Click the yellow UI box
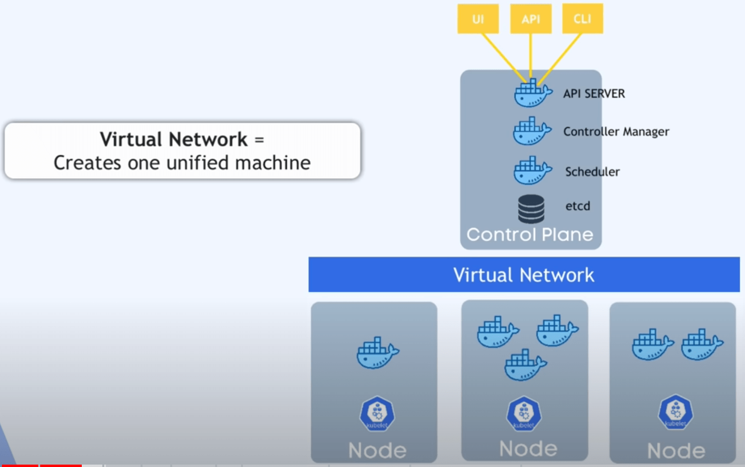(478, 19)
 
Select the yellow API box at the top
(531, 19)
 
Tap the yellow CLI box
(582, 19)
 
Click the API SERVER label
(594, 94)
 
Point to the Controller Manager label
(616, 132)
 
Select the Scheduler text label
(592, 172)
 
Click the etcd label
(578, 206)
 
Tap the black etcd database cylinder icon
(531, 209)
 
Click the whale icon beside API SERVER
(532, 93)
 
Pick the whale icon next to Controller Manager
(531, 131)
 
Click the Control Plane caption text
(530, 234)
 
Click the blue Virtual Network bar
(524, 275)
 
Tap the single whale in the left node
(377, 353)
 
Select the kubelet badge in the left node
(377, 413)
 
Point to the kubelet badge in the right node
(675, 411)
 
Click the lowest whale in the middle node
(525, 366)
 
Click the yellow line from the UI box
(502, 55)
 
